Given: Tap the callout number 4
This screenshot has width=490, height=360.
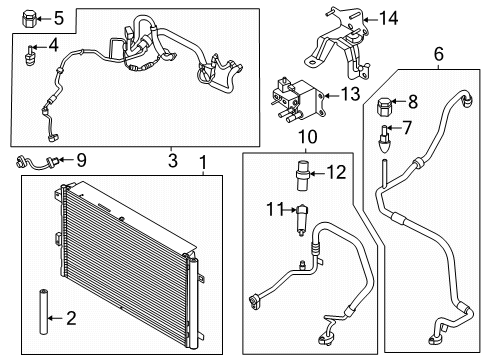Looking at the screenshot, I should [x=53, y=44].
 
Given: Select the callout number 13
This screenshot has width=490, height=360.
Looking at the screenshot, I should [x=351, y=94].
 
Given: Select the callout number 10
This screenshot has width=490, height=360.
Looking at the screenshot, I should [x=307, y=135].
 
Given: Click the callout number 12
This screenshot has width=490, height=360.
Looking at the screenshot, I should [x=336, y=172].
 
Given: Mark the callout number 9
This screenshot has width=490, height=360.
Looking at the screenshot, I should [x=82, y=159].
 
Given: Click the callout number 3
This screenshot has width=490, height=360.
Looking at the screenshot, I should [x=172, y=159].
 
